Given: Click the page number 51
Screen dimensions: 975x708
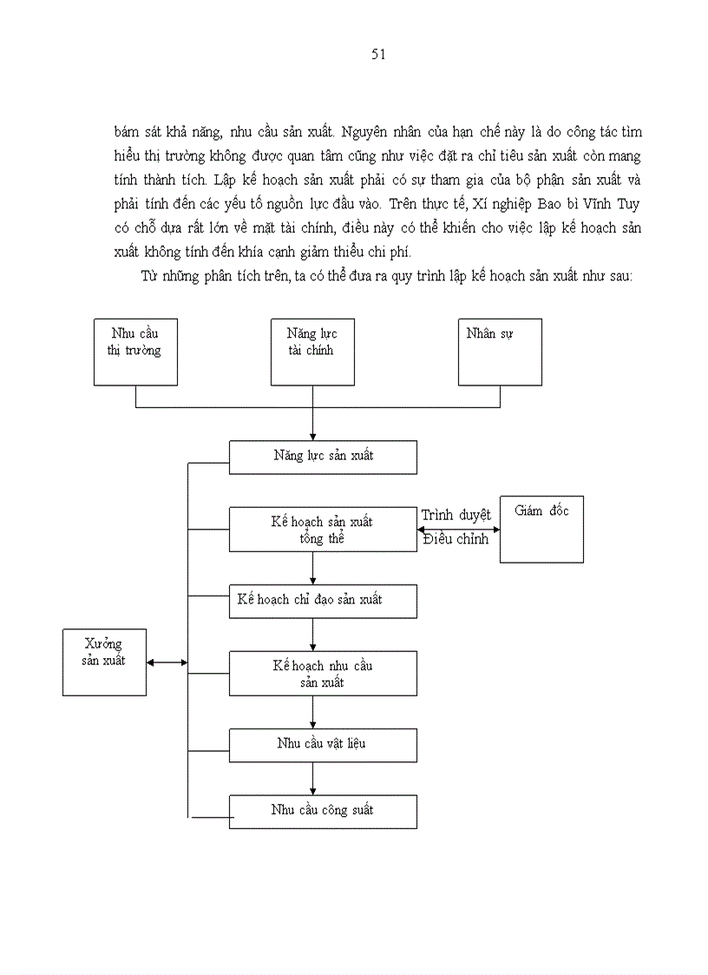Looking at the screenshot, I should (x=378, y=55).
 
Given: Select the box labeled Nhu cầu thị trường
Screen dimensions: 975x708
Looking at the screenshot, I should (x=135, y=352).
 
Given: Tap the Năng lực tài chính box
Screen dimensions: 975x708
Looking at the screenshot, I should (x=312, y=352).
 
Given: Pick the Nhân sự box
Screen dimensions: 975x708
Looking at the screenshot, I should (x=500, y=352).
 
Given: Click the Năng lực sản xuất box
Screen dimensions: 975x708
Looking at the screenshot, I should (x=323, y=457).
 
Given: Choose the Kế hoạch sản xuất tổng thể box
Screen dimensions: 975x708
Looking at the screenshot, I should (x=323, y=530).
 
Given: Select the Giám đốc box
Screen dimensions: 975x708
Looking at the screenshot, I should (x=541, y=530).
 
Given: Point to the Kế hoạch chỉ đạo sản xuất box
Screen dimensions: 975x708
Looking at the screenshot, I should (x=323, y=600).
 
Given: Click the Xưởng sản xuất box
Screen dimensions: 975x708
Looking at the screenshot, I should (x=104, y=662).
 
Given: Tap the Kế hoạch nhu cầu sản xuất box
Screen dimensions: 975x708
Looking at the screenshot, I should (x=323, y=674).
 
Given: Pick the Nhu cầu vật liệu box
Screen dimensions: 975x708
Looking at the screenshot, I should (x=323, y=744).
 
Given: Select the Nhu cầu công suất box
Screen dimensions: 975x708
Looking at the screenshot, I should (x=323, y=811).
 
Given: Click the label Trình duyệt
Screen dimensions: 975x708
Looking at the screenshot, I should (x=456, y=515).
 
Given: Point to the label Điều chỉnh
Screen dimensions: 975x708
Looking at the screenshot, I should (x=456, y=539).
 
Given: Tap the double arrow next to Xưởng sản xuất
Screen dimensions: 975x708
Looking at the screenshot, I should (x=167, y=662).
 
